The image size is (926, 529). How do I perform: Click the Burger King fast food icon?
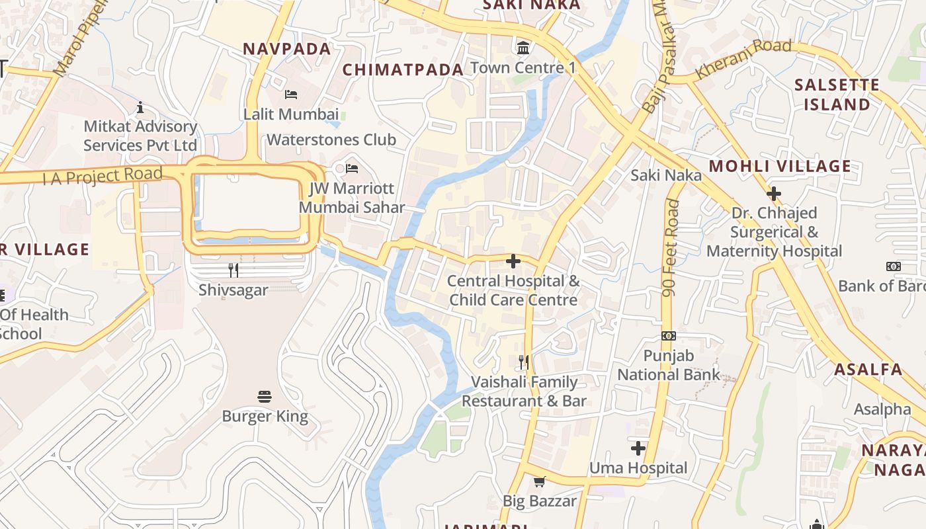pos(265,397)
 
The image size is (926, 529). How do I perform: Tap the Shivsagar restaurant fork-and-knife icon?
pos(233,270)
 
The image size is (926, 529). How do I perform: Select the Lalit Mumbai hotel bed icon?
pos(291,95)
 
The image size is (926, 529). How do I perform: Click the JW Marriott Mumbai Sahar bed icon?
pos(352,169)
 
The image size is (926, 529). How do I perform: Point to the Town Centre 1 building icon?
pos(523,48)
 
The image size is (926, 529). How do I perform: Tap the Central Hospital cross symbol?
pos(513,261)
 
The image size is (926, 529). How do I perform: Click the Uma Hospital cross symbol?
pos(638,448)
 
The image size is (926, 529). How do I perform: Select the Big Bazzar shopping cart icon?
pos(539,481)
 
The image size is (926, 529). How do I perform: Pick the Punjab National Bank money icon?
pos(669,336)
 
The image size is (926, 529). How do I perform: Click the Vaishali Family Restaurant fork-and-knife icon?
pos(523,362)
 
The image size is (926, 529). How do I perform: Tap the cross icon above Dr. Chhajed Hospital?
pos(773,194)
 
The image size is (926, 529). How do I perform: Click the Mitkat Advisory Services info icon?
pos(140,107)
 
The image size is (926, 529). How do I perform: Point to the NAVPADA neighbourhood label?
pos(286,49)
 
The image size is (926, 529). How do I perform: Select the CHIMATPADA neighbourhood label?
pos(403,69)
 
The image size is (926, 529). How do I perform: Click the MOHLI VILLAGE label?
pos(780,166)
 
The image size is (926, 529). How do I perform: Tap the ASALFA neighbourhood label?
pos(868,369)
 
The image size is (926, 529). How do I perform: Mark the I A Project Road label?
pos(103,177)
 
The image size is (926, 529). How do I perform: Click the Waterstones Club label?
pos(331,140)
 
